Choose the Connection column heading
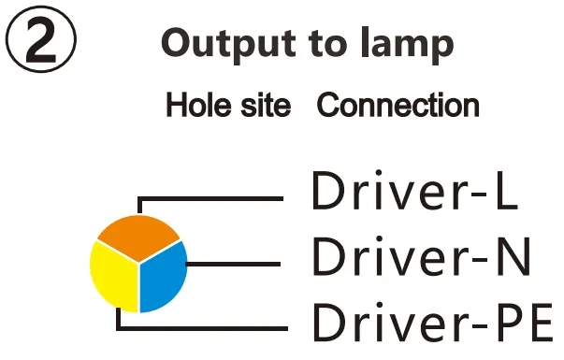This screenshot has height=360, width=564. click(x=398, y=105)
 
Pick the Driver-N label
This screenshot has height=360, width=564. click(x=421, y=257)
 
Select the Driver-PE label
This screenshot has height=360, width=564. click(x=431, y=323)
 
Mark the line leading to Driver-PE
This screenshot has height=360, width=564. click(x=206, y=329)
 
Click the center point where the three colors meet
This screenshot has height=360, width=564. click(x=139, y=263)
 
